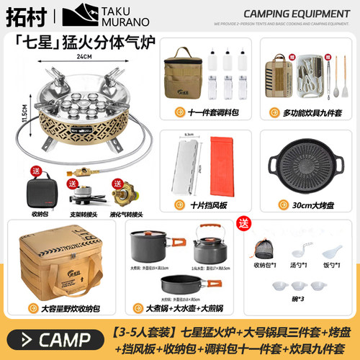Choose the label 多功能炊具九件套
pyautogui.click(x=306, y=112)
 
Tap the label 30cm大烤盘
pyautogui.click(x=306, y=205)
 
